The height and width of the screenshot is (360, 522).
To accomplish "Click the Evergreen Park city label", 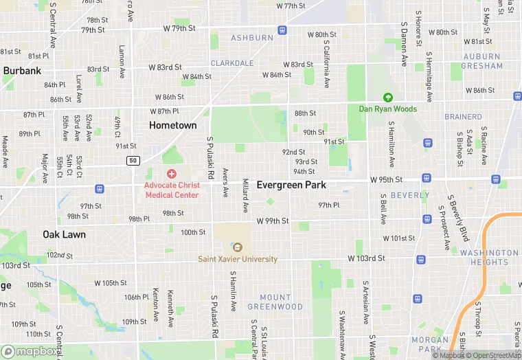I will (291, 185).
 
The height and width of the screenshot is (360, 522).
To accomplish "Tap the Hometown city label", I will (173, 125).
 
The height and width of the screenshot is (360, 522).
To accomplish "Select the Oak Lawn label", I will (64, 234).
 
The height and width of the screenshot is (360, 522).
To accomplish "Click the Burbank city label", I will (22, 71).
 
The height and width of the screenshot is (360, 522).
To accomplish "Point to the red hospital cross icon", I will (171, 174).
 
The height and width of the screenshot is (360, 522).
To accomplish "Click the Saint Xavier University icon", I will (238, 247).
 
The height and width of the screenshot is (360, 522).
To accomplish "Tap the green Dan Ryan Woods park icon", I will (388, 98).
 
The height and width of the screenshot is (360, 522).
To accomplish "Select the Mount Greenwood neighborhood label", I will (275, 302).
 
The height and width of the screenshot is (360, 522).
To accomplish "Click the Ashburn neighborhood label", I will (252, 38).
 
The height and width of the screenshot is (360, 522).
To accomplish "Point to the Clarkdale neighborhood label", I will (232, 63).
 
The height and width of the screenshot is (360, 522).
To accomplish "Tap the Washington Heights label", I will (484, 258).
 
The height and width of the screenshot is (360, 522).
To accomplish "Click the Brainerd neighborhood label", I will (463, 117).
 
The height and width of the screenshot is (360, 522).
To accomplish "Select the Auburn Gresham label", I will (482, 61).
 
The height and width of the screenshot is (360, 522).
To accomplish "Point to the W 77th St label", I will (290, 5).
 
